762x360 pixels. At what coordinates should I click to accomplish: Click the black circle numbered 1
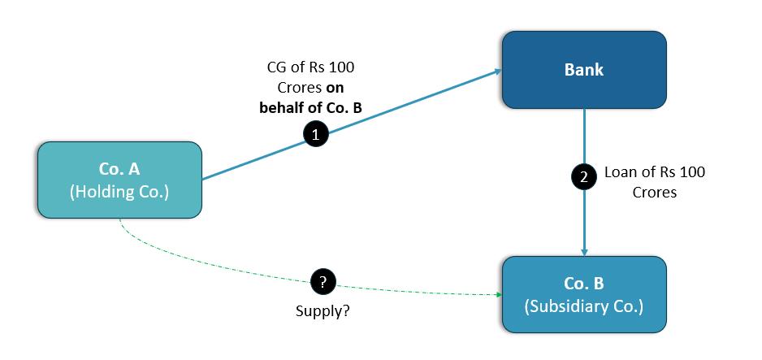[315, 135]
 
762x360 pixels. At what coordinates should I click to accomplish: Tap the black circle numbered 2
[582, 177]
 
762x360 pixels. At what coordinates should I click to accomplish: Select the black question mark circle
[323, 282]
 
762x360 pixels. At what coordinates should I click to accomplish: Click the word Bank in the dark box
[583, 70]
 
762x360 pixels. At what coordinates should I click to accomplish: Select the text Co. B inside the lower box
[583, 284]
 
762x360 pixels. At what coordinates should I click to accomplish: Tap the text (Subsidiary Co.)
[583, 307]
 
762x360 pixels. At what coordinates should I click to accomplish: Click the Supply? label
[323, 310]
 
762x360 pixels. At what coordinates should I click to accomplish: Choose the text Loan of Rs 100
[655, 172]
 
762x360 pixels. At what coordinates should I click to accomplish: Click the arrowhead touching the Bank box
[496, 72]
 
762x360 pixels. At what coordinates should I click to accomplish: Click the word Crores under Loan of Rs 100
[655, 193]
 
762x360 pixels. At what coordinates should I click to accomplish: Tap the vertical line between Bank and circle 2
[583, 137]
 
